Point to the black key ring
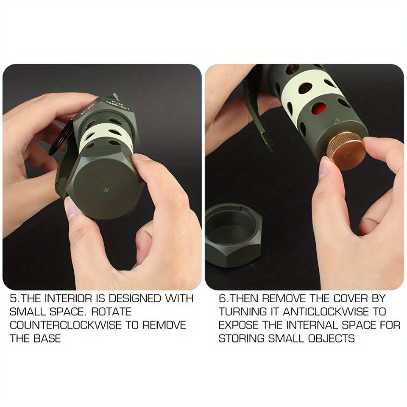click(x=59, y=137)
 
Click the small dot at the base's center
click(x=106, y=190)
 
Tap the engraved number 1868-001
click(x=119, y=106)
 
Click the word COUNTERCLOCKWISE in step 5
click(x=65, y=325)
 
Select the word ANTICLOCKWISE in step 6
click(x=326, y=312)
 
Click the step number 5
click(x=13, y=298)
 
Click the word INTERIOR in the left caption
click(x=68, y=298)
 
